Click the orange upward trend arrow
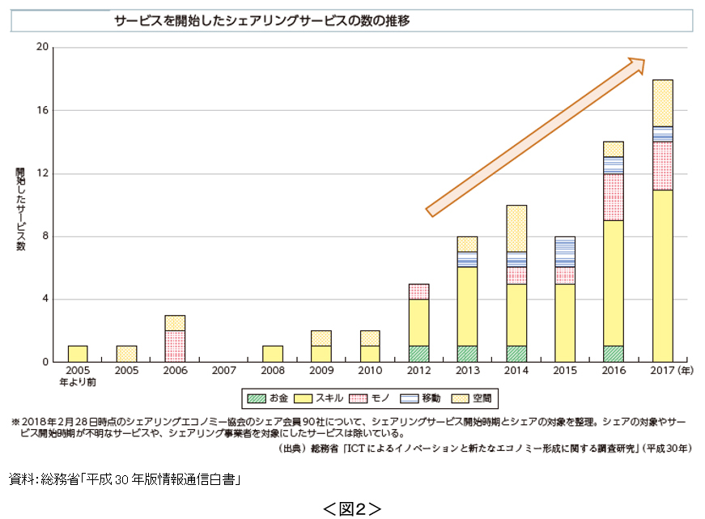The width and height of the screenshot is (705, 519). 534,138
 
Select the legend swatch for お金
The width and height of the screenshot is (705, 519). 257,398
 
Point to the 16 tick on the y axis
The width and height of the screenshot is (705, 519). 42,111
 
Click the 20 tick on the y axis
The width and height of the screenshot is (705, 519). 42,48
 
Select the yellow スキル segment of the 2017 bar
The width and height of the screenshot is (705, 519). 663,275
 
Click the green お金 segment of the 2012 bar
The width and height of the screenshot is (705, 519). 418,354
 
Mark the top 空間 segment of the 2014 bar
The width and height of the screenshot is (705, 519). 516,228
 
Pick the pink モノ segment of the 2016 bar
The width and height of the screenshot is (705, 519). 614,197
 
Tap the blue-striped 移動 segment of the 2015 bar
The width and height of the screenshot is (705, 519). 565,252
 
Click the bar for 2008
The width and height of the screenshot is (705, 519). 273,354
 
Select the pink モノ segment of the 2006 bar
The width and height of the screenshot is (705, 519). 175,346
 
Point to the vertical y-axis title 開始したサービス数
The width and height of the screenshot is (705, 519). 20,209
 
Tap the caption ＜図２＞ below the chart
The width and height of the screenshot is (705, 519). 351,508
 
